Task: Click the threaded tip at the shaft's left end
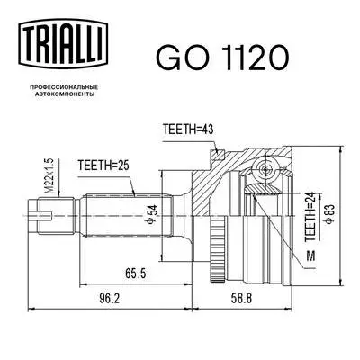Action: point(40,214)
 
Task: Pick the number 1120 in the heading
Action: point(255,56)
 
